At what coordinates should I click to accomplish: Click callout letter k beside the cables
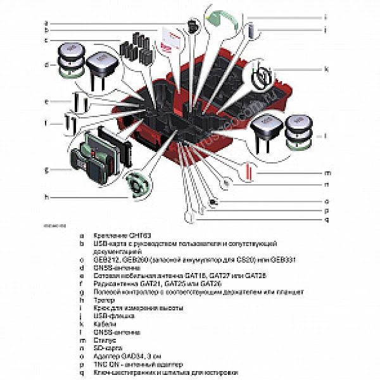point(326,68)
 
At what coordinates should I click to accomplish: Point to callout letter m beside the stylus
point(327,172)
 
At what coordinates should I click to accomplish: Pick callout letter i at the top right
point(326,17)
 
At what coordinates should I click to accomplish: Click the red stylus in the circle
point(250,170)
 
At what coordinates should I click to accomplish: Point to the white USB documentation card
point(170,40)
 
